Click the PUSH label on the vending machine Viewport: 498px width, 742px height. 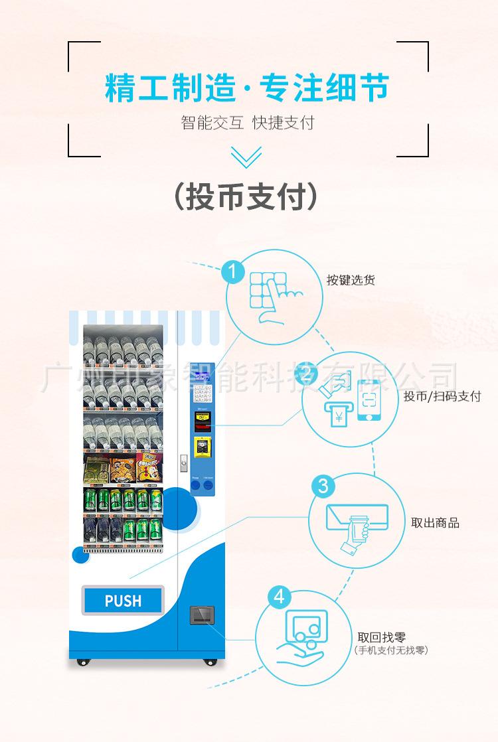pyautogui.click(x=123, y=601)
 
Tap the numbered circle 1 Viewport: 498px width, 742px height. pyautogui.click(x=232, y=272)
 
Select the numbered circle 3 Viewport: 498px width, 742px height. pyautogui.click(x=323, y=485)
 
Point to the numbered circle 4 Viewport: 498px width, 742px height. pyautogui.click(x=279, y=597)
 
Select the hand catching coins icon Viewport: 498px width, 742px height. pyautogui.click(x=302, y=637)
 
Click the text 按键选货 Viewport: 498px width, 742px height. pyautogui.click(x=351, y=280)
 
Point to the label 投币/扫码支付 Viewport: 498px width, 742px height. pyautogui.click(x=442, y=397)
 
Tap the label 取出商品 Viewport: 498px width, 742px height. pyautogui.click(x=435, y=522)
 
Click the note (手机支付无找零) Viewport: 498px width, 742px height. pyautogui.click(x=391, y=650)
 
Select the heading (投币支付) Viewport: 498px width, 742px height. pyautogui.click(x=246, y=197)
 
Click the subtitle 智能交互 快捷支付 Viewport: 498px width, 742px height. pyautogui.click(x=247, y=123)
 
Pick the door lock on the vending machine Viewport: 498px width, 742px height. pyautogui.click(x=184, y=463)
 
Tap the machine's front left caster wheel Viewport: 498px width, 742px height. pyautogui.click(x=82, y=662)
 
